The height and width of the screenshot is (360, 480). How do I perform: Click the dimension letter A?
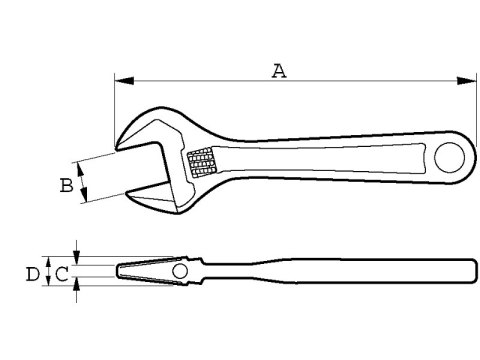[280, 70]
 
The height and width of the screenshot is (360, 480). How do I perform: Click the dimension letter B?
[65, 185]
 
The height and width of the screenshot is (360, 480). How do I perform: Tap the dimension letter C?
[62, 272]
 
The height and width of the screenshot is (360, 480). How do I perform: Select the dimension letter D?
[33, 272]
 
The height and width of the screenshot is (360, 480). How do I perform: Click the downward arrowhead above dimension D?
[78, 255]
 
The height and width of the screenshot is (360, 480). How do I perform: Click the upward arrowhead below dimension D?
[78, 289]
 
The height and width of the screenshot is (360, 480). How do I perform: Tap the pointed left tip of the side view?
[118, 272]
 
